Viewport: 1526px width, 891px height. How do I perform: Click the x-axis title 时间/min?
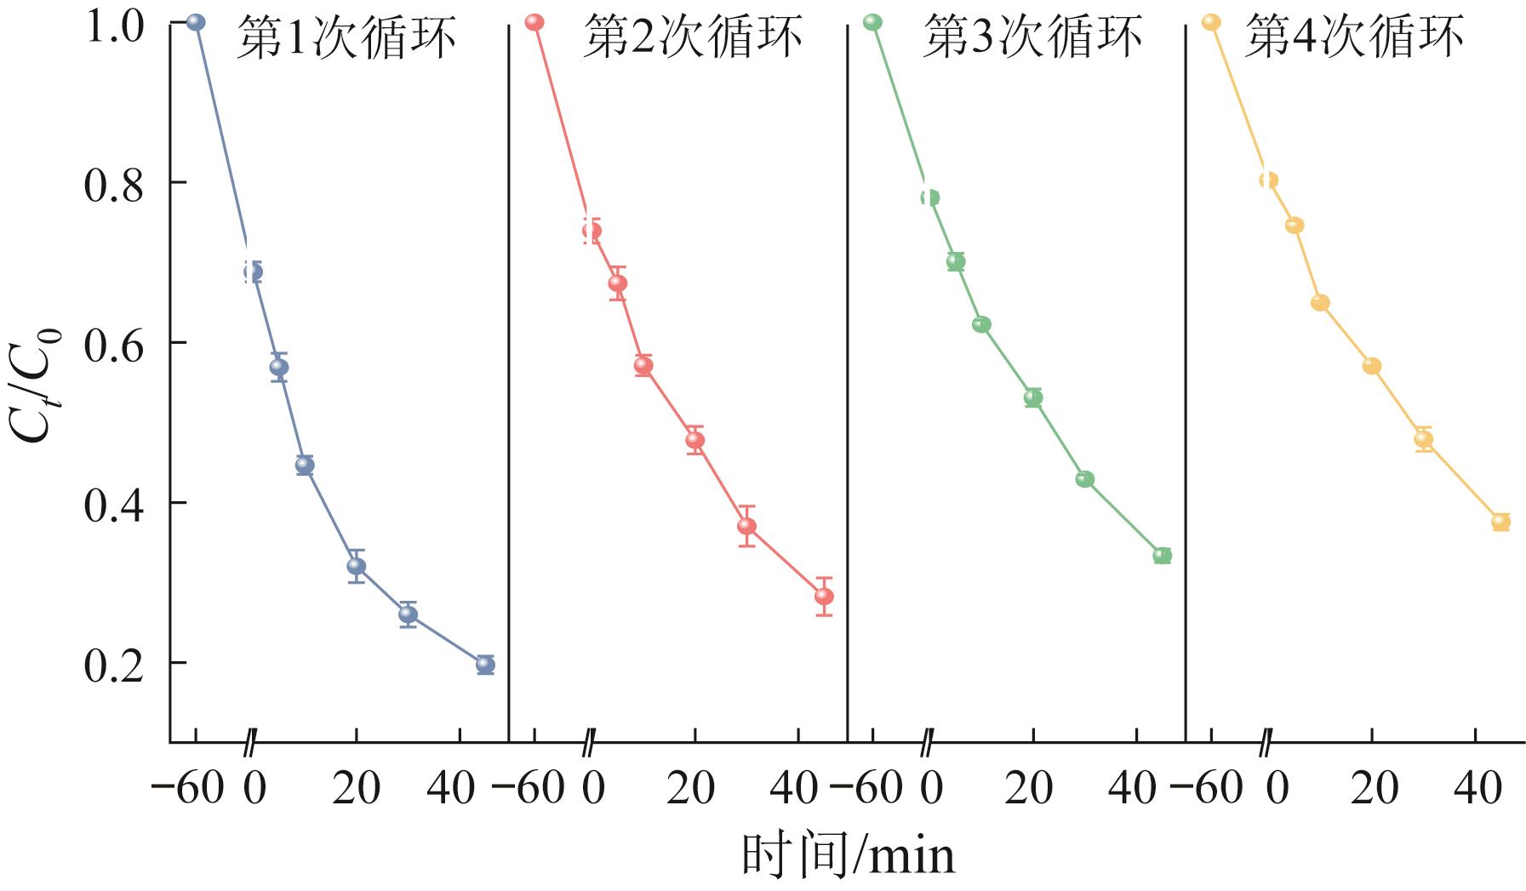point(848,855)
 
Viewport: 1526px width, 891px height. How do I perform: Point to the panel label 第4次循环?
point(1354,39)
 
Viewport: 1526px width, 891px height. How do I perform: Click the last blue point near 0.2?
point(485,665)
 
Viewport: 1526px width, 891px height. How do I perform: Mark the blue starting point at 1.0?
point(196,22)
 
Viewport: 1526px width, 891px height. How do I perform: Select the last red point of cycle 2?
point(824,597)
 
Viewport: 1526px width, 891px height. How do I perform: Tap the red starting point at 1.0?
point(534,22)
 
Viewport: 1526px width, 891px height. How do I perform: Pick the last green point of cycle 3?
point(1162,556)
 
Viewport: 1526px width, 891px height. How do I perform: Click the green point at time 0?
point(929,198)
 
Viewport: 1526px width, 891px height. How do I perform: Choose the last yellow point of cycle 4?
point(1500,522)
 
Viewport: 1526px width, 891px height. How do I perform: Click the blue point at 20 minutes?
point(357,566)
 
